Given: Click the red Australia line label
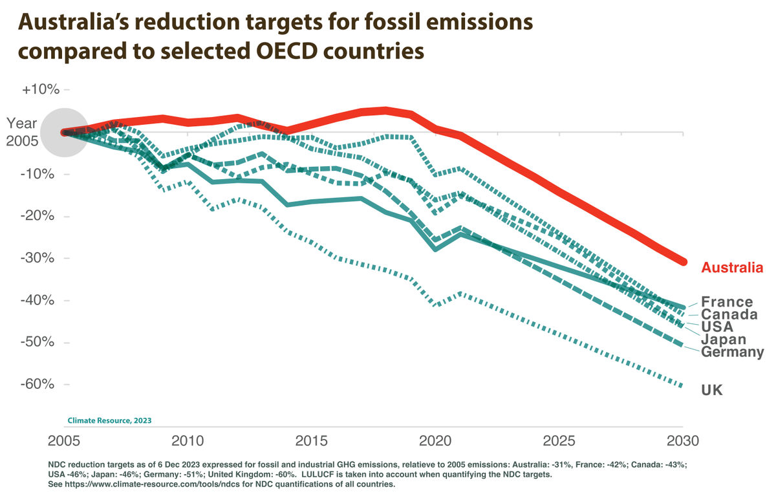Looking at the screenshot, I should coord(733,268).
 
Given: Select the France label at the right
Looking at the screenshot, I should coord(727,302).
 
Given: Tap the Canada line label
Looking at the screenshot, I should coord(729,314).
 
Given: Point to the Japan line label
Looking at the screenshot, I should coord(724,340).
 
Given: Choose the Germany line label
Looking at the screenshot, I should coord(732,352).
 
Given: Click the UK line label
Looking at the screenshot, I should coord(712,390).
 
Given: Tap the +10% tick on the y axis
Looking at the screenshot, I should coord(41,90).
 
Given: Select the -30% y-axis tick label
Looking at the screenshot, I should coord(41,258).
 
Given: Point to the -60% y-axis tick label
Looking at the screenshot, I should coord(41,384).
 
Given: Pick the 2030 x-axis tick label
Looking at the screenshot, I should coord(682,441).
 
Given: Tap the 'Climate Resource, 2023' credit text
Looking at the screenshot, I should coord(109,420).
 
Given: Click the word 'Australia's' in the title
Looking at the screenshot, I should coord(72,23).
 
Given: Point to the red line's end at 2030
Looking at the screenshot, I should coord(682,261).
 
